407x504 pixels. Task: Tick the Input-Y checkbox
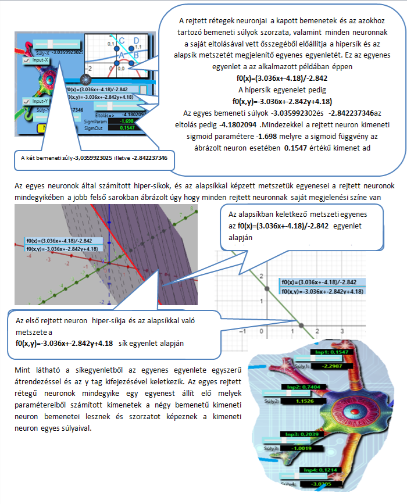[26, 101]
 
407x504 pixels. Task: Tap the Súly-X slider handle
[52, 44]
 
